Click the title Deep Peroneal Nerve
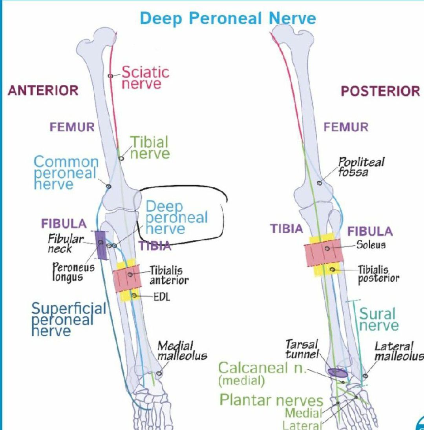pos(228,18)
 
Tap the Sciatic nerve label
pos(145,78)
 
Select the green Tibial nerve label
pos(150,148)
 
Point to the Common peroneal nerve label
pos(66,173)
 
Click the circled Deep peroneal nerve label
pos(176,217)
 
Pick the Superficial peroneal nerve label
pos(68,319)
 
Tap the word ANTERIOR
pos(43,91)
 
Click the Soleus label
pos(371,245)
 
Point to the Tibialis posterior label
pos(378,274)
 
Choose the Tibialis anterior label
pos(168,275)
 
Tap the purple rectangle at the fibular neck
pos(101,245)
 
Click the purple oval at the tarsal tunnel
pos(337,373)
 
